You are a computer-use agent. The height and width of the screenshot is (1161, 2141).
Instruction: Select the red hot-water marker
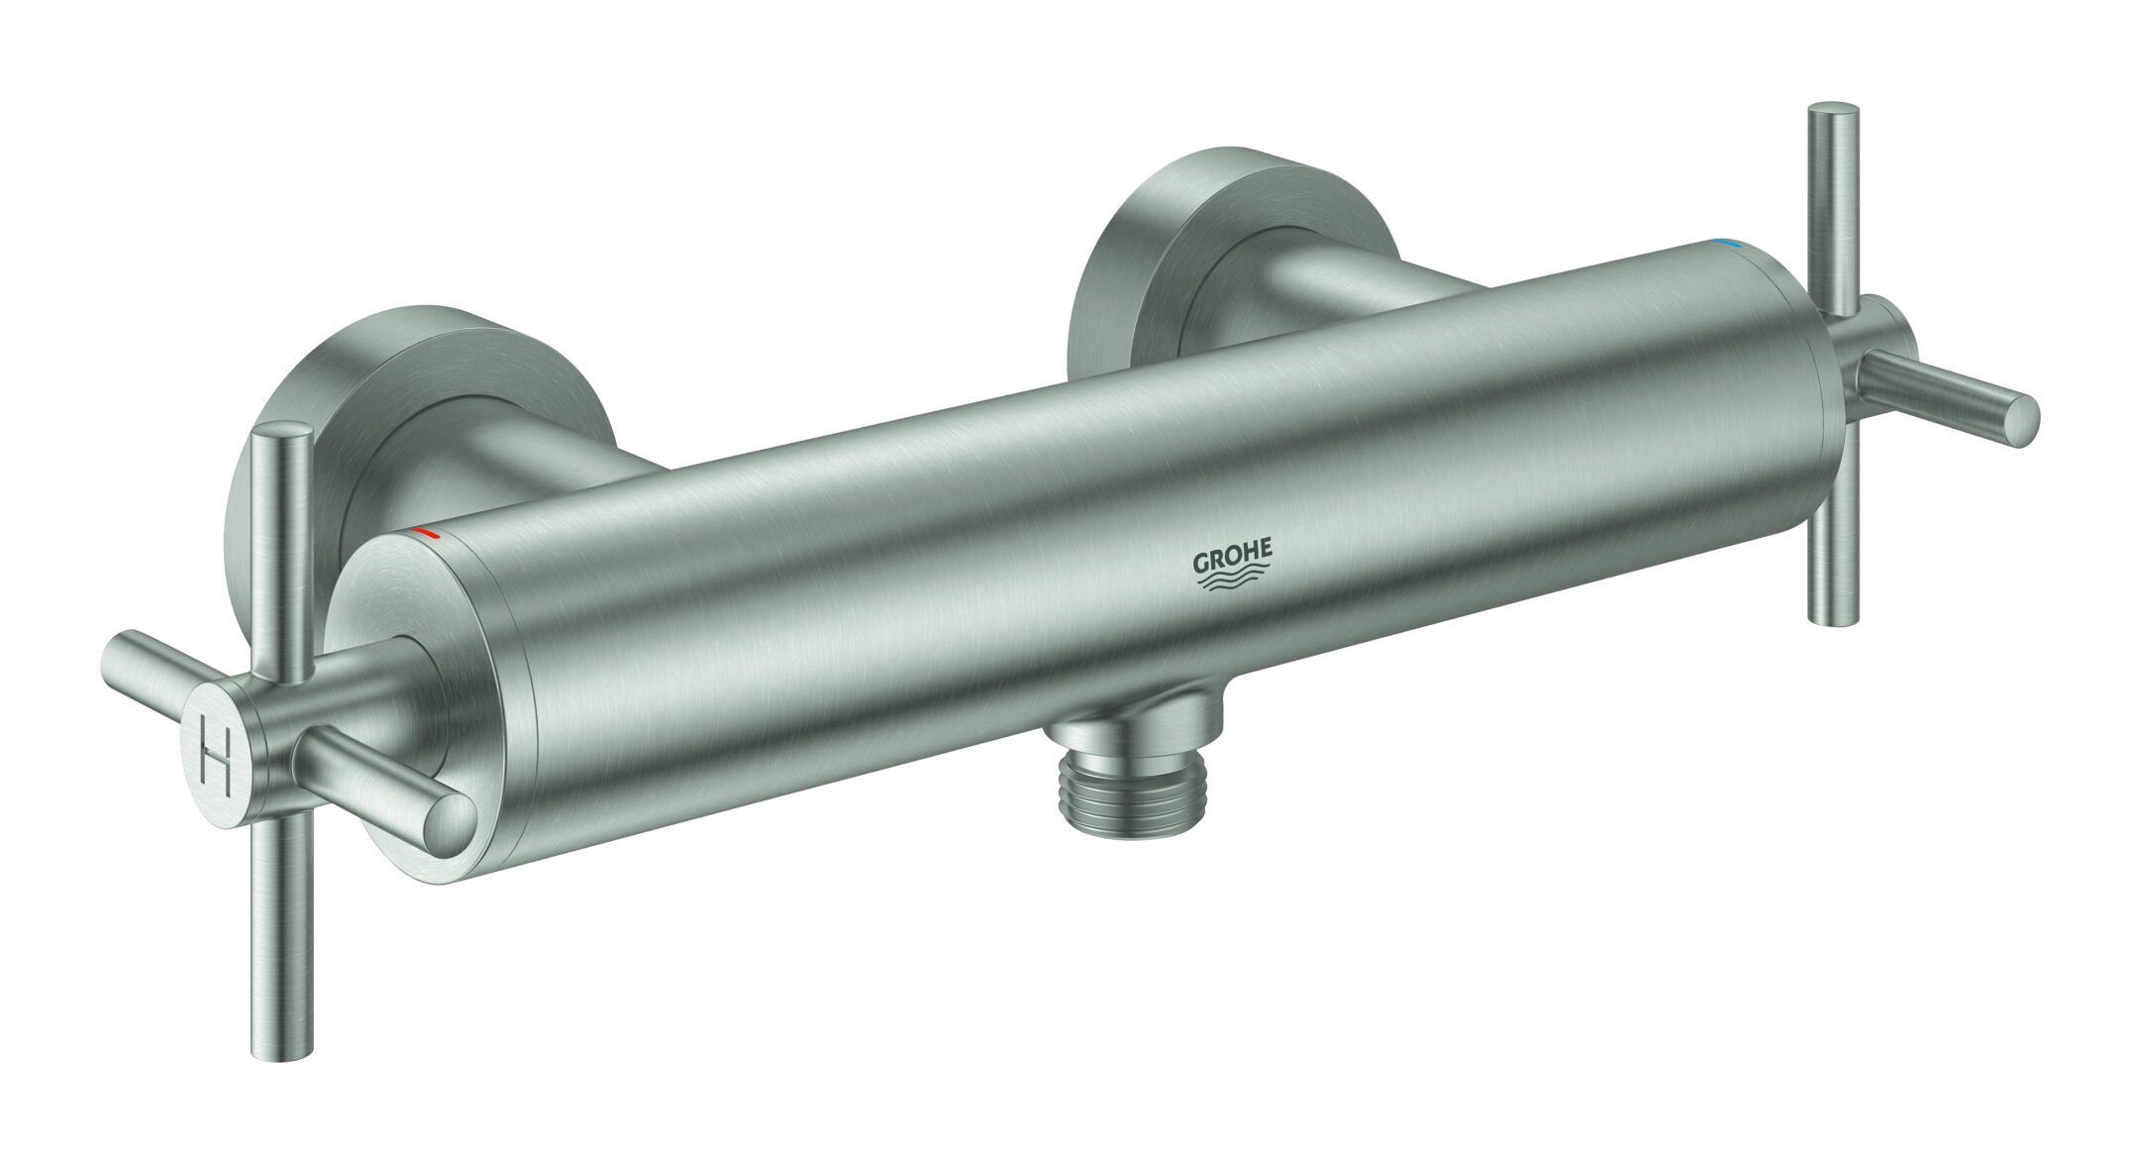(423, 534)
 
